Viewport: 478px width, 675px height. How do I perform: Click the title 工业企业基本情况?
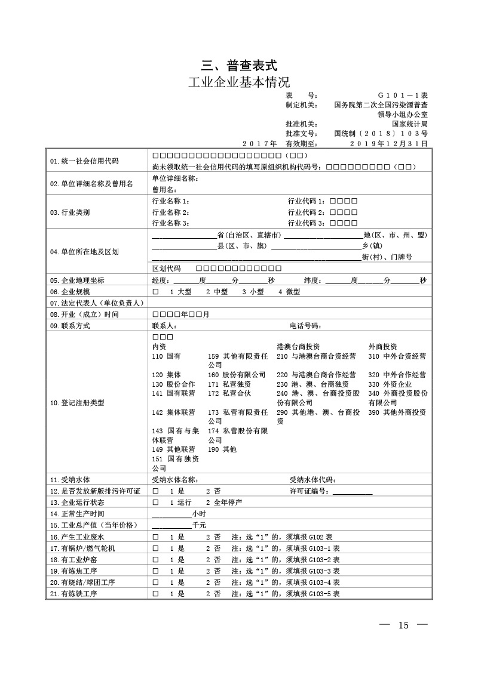[x=239, y=82]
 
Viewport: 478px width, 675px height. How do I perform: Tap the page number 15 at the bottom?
[x=403, y=625]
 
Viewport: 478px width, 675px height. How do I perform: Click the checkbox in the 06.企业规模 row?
[x=155, y=292]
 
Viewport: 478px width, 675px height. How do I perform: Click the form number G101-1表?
[x=402, y=95]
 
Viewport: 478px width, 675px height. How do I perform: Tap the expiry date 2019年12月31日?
[x=388, y=143]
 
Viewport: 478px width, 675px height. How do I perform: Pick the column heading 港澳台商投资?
[x=298, y=347]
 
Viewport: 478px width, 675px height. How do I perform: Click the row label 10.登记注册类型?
[x=77, y=403]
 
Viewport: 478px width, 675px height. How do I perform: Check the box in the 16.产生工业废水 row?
[x=155, y=537]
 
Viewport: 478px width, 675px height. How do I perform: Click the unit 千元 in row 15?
[x=199, y=525]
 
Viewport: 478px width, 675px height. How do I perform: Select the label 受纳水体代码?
[x=312, y=479]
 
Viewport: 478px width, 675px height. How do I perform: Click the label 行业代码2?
[x=307, y=212]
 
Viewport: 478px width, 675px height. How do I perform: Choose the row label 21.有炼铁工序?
[x=74, y=594]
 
